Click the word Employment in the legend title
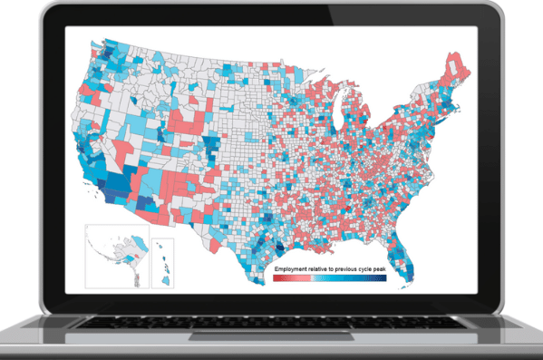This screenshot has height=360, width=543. tap(294, 271)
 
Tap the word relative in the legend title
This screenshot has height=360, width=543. tap(325, 271)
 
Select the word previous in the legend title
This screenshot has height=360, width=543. tap(354, 271)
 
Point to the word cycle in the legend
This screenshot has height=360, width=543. tap(376, 271)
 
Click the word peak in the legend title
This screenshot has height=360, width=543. tap(394, 271)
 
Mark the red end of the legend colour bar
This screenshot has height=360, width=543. tap(276, 279)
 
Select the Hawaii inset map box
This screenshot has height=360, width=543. tap(161, 262)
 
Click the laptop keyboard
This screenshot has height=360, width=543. tap(272, 325)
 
